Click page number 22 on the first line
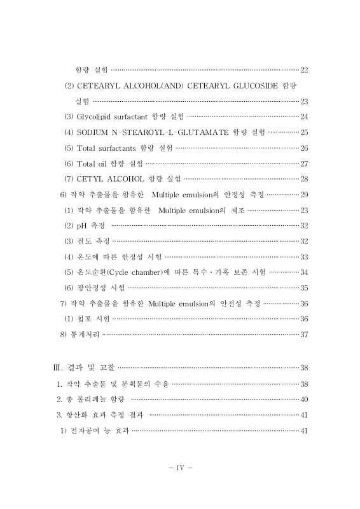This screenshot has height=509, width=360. [303, 69]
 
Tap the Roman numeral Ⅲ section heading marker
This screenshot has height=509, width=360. [56, 368]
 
